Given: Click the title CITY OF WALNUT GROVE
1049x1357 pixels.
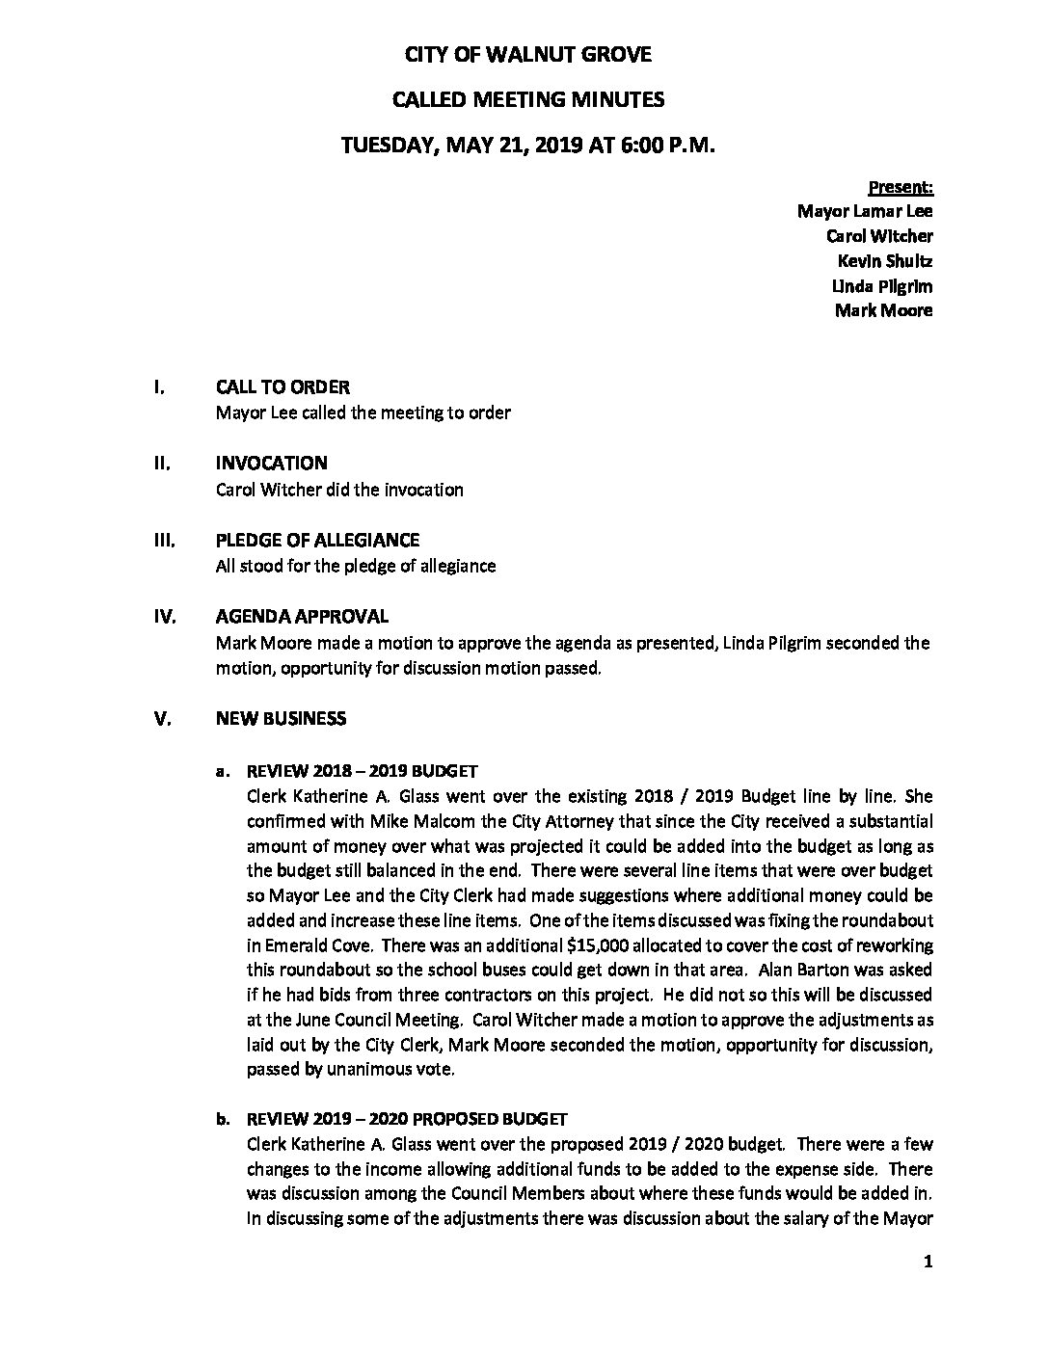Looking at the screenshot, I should click(x=527, y=55).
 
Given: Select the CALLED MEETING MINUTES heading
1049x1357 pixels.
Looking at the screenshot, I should click(x=527, y=99).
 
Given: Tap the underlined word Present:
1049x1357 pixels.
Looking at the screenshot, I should click(x=901, y=187).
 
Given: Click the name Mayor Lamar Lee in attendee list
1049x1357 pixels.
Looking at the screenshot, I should click(x=865, y=211).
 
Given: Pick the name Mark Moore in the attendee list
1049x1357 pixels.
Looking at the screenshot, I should click(x=883, y=311).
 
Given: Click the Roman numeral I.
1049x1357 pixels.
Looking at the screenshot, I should click(x=158, y=387).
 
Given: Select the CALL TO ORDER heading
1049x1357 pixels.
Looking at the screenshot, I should click(x=282, y=387).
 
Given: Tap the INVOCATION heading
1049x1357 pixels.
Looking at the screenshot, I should click(x=271, y=464).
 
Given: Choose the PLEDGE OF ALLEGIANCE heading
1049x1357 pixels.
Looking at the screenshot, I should click(x=317, y=541).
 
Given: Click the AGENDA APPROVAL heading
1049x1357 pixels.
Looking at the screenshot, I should click(x=302, y=617).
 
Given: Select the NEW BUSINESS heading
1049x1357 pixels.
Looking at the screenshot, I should click(x=281, y=719).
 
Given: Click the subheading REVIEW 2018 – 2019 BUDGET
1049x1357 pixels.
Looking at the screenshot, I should click(x=363, y=772).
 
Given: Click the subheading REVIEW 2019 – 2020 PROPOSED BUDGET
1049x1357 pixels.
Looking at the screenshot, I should click(x=407, y=1120).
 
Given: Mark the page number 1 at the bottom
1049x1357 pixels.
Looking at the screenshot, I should click(x=928, y=1263).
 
